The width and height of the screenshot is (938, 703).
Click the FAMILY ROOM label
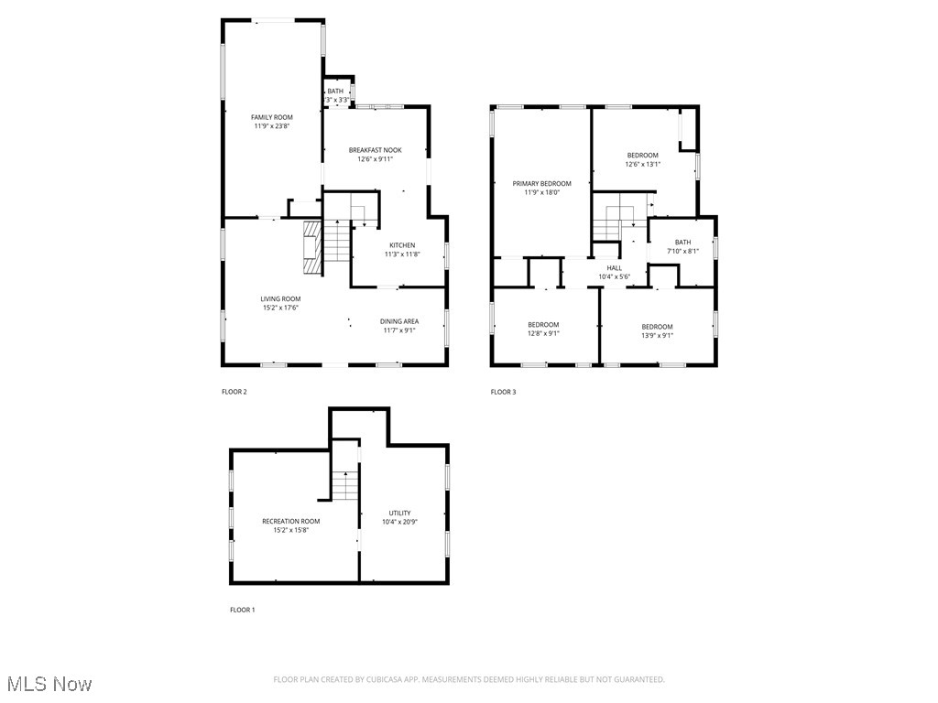(x=272, y=117)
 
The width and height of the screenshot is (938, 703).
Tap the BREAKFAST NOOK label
(x=375, y=150)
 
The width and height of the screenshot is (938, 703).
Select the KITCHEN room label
(x=402, y=245)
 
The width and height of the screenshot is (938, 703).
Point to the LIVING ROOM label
(x=280, y=299)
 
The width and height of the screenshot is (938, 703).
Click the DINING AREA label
(x=399, y=321)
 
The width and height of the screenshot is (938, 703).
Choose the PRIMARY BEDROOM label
(x=541, y=183)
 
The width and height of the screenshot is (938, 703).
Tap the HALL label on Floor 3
(x=614, y=268)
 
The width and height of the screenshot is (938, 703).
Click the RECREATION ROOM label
(x=291, y=521)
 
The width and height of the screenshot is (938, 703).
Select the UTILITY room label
(x=399, y=513)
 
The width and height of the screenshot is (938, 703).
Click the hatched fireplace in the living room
(x=312, y=247)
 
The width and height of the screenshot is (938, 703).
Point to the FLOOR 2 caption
(x=234, y=392)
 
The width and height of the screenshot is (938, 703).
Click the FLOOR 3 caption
(x=503, y=392)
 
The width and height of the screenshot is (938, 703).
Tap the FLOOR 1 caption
(x=243, y=610)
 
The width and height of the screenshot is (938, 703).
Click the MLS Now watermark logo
(x=49, y=684)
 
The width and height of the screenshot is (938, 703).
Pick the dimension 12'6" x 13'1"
(x=642, y=164)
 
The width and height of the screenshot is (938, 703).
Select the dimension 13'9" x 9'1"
(x=657, y=335)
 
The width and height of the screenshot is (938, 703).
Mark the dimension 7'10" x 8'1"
(x=682, y=251)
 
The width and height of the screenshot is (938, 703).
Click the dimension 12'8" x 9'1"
(x=543, y=333)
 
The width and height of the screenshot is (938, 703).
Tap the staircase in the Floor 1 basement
(x=344, y=485)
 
